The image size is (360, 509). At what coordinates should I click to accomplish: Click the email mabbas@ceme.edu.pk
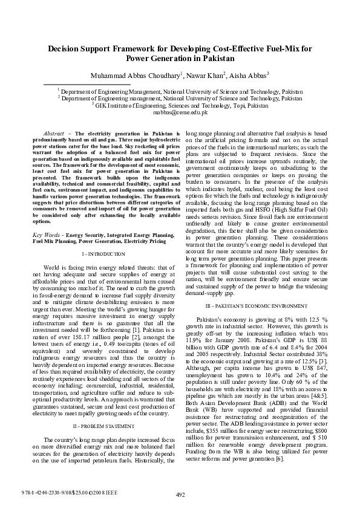point(180,112)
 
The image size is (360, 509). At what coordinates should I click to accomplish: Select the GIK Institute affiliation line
point(180,105)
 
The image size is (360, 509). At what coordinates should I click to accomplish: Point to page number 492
point(180,495)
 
